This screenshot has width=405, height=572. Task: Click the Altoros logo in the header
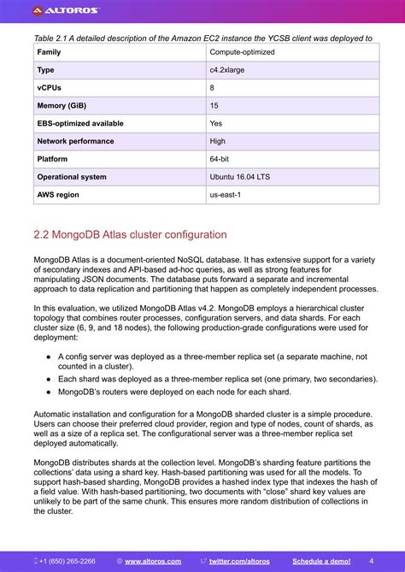click(x=66, y=11)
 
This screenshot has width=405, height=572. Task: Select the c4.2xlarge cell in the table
click(x=226, y=70)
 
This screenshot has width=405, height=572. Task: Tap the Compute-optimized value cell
click(x=241, y=52)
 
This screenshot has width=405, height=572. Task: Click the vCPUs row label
click(x=49, y=88)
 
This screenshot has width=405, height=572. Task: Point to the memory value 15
click(x=214, y=106)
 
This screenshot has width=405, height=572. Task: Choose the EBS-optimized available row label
click(x=80, y=123)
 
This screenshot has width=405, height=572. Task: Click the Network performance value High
click(x=218, y=141)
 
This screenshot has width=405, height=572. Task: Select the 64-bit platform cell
click(x=220, y=159)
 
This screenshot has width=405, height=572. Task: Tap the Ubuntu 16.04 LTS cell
click(x=240, y=177)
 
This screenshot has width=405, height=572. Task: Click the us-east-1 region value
click(x=226, y=195)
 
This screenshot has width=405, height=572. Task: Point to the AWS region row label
click(x=57, y=195)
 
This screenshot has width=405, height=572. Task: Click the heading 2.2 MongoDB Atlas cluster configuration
click(x=130, y=235)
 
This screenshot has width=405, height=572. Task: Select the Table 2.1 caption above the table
click(x=202, y=38)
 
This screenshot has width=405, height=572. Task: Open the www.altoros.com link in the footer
click(x=153, y=562)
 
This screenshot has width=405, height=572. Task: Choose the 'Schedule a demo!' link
click(x=321, y=562)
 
